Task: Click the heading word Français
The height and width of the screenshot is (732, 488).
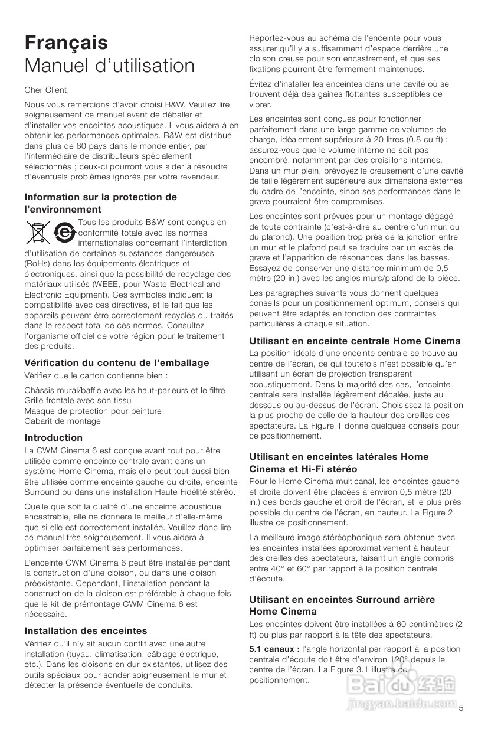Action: pos(66,43)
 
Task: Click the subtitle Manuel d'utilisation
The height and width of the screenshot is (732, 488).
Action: pos(109,66)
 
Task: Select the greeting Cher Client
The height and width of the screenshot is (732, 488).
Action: pos(47,90)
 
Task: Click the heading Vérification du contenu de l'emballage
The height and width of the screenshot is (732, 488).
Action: pos(117,362)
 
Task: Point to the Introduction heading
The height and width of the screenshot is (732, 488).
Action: pos(54,437)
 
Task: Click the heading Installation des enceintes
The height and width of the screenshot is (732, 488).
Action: pos(86,630)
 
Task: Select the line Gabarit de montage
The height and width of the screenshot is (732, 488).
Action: pos(63,421)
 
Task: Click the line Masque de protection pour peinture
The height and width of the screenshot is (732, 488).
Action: pos(93,411)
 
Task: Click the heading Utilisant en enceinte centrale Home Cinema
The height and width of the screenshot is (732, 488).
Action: pos(355,341)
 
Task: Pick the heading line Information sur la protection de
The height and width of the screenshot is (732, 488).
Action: pos(101,197)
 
